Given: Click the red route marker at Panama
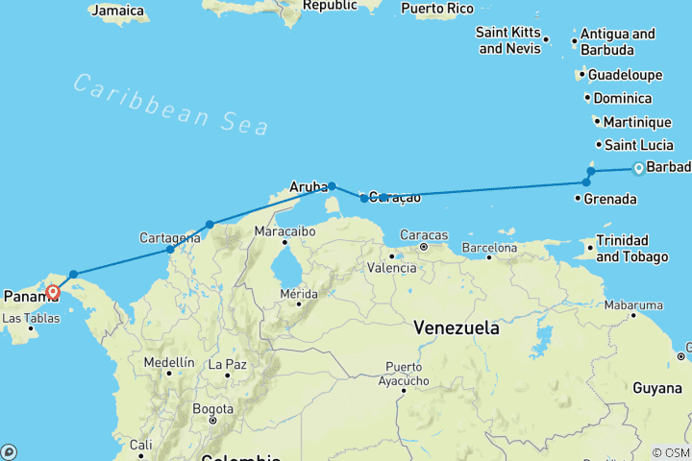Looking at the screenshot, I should pyautogui.click(x=52, y=292).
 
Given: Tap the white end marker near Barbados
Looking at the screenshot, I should pyautogui.click(x=637, y=170).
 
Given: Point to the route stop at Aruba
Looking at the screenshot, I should pyautogui.click(x=332, y=186).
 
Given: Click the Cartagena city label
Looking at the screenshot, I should pyautogui.click(x=169, y=236).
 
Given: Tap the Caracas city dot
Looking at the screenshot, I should pyautogui.click(x=423, y=247).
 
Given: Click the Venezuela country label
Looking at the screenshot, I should pyautogui.click(x=457, y=328).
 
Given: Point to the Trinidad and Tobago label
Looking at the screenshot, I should pyautogui.click(x=634, y=248).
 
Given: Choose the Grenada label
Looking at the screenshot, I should pyautogui.click(x=611, y=199).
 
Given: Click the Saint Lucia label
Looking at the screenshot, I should pyautogui.click(x=634, y=145).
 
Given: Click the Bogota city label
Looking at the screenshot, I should pyautogui.click(x=212, y=407).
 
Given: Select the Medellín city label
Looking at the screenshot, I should pyautogui.click(x=168, y=363).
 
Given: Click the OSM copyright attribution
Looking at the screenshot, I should pyautogui.click(x=670, y=452).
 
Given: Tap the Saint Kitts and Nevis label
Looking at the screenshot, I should pyautogui.click(x=507, y=40).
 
